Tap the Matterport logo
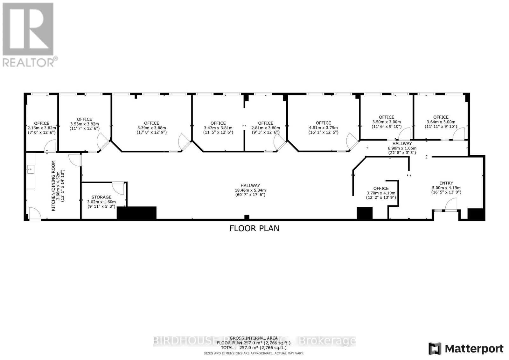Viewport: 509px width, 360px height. [466, 349]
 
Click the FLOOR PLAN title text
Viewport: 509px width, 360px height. [254, 228]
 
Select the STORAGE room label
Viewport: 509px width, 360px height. [101, 197]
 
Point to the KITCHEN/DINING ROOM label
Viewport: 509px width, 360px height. [53, 186]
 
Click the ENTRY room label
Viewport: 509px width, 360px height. [446, 183]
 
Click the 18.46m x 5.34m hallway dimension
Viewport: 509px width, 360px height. [250, 190]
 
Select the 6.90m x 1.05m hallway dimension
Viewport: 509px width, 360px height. [402, 148]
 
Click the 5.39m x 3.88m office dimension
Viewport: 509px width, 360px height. [151, 128]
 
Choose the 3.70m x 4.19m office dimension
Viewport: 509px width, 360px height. [381, 193]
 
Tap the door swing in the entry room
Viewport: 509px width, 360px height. [451, 205]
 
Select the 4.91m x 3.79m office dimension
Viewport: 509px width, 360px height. [323, 128]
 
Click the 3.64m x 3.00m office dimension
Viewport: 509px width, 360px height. [441, 122]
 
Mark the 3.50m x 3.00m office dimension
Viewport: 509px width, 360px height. [387, 122]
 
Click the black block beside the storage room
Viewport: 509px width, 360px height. [137, 212]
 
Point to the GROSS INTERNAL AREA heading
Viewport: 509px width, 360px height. [254, 338]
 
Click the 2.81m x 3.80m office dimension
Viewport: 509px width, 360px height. [266, 128]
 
